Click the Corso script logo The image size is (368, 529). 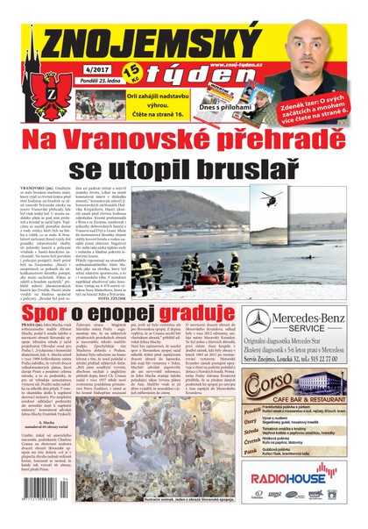click(x=269, y=382)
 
